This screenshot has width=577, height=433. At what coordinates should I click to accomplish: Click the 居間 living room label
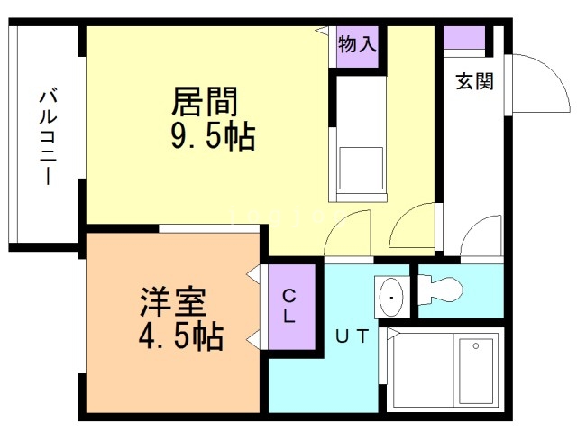205,101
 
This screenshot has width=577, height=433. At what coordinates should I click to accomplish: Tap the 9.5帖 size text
213,136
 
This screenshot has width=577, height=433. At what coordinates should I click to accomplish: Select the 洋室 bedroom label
173,302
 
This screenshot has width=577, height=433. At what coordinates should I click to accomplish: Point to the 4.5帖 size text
181,336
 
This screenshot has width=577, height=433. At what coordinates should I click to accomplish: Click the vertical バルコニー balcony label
48,137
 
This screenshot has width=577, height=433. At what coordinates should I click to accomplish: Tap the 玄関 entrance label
475,81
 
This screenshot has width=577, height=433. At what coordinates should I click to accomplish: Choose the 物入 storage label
357,44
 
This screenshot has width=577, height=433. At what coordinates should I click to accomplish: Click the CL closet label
289,307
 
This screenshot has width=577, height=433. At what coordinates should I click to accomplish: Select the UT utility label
353,336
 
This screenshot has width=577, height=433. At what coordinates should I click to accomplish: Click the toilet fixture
441,290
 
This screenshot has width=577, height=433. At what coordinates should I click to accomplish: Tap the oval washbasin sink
391,297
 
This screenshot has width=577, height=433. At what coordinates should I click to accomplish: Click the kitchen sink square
362,169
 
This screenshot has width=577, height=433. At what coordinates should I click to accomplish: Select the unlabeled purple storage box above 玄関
464,37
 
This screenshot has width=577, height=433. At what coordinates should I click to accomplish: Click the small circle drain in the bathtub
476,346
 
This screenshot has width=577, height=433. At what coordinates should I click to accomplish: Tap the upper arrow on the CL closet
254,274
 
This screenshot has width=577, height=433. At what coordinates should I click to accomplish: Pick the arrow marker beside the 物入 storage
323,31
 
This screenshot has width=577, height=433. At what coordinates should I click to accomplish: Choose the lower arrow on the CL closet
254,340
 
